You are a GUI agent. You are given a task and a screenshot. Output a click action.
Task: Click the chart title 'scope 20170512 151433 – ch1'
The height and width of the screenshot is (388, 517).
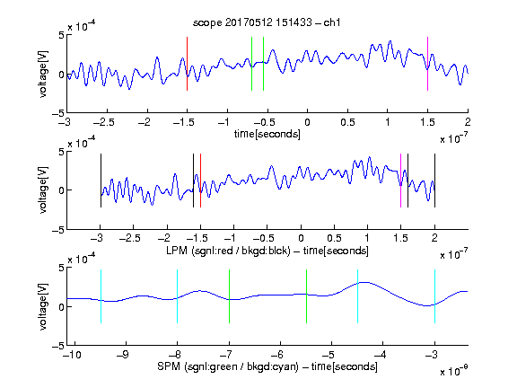(x=267, y=22)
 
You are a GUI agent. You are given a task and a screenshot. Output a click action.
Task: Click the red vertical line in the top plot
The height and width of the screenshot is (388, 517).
(x=188, y=64)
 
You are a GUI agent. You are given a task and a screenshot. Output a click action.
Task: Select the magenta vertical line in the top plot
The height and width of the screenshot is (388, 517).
(x=427, y=64)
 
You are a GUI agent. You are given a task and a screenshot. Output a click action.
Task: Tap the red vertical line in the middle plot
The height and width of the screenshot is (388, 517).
(x=200, y=181)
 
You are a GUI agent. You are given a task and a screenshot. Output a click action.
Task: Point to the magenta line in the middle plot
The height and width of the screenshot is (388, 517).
(x=401, y=181)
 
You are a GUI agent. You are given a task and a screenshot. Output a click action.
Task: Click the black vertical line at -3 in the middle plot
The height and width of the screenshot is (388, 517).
(x=101, y=181)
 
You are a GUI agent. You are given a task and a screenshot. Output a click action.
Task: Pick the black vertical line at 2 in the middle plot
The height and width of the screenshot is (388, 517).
(x=435, y=181)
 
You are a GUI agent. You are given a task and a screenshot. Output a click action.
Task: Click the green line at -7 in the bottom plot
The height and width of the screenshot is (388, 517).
(x=229, y=296)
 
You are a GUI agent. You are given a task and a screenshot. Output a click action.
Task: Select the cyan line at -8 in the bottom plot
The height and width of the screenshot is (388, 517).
(x=178, y=296)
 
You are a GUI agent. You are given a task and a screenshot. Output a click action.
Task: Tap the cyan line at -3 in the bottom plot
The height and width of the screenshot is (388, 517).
(x=435, y=296)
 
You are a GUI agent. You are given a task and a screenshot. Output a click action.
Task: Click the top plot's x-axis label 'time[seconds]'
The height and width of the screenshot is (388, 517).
(x=267, y=134)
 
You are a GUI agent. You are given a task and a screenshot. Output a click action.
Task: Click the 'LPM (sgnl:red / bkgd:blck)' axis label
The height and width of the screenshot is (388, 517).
(x=228, y=251)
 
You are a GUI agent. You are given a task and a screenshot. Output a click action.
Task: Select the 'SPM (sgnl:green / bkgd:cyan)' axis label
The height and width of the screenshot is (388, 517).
(x=228, y=366)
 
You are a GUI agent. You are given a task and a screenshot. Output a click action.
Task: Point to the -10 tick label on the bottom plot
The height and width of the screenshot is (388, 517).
(x=72, y=355)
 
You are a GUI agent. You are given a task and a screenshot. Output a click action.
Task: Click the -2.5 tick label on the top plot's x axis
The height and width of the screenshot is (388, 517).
(x=104, y=122)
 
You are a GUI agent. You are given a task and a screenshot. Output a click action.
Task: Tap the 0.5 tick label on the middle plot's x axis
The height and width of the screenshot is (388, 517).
(x=334, y=238)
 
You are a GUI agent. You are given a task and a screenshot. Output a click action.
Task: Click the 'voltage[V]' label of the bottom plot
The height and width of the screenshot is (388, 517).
(x=43, y=306)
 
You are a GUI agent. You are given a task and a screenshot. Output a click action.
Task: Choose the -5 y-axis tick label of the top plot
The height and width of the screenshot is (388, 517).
(x=58, y=113)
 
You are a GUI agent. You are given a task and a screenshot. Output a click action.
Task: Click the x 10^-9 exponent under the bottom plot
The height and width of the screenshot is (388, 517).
(x=454, y=371)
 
